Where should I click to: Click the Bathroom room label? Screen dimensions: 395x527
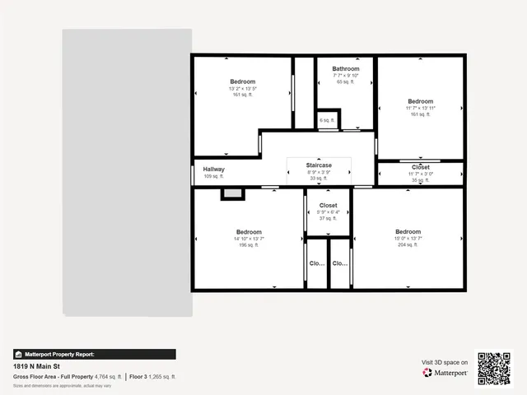click(x=346, y=68)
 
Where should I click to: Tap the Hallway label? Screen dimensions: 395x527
click(x=214, y=169)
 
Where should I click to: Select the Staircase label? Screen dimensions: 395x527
click(x=319, y=165)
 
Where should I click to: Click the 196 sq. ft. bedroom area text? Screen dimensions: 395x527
click(x=249, y=245)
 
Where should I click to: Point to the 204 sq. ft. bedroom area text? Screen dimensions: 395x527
click(x=408, y=245)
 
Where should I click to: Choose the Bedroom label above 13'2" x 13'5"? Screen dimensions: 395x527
click(x=242, y=81)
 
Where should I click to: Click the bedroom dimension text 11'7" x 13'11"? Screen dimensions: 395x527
click(x=420, y=108)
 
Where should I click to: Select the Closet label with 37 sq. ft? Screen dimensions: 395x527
click(x=328, y=205)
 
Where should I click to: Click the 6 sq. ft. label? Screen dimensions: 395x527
click(x=328, y=120)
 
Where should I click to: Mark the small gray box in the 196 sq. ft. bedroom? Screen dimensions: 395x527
click(x=232, y=193)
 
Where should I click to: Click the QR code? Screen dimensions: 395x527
click(x=494, y=368)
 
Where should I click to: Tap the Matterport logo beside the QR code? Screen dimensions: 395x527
click(x=445, y=373)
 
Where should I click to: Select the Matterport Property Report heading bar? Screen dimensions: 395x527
click(x=94, y=354)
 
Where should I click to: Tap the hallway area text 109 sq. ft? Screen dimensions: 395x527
click(x=214, y=176)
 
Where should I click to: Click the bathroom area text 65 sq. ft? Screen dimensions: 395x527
click(x=346, y=82)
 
